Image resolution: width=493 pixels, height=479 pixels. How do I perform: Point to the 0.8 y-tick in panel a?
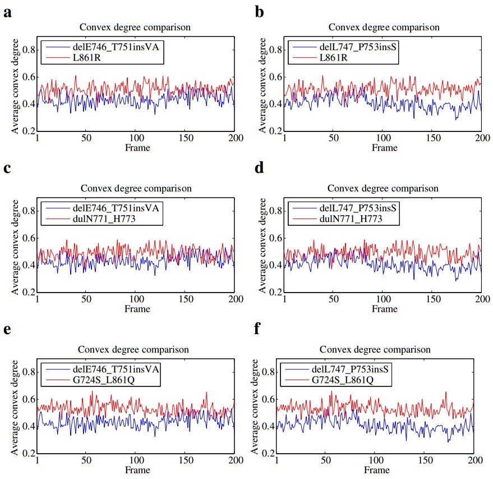pos(28,50)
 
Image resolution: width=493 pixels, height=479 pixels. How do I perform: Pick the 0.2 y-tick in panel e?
pos(28,453)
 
